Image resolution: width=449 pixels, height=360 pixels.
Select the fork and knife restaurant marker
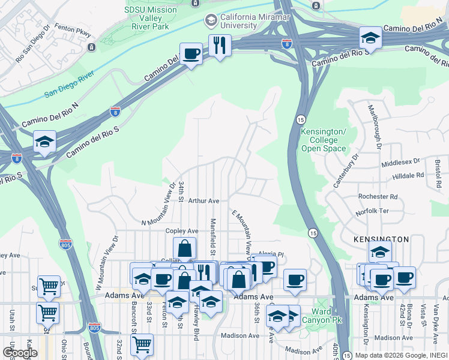click(x=220, y=45)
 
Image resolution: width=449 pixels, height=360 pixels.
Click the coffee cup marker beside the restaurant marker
click(x=191, y=54)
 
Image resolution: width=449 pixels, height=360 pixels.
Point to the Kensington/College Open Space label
click(x=324, y=140)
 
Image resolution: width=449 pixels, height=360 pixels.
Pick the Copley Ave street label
click(x=181, y=231)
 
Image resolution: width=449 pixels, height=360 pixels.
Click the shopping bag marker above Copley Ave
click(x=184, y=248)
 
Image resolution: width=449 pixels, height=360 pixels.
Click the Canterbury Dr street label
click(x=346, y=171)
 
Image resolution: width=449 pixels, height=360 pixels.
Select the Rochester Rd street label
click(x=378, y=196)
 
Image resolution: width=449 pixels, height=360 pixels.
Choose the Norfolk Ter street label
click(x=372, y=211)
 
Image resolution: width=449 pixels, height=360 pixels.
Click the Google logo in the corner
click(x=20, y=352)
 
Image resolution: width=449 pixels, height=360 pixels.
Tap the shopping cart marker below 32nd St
click(x=141, y=345)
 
